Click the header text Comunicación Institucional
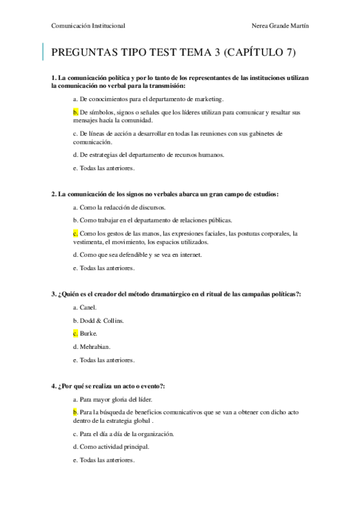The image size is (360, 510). tap(89, 25)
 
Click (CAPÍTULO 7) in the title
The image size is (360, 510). tap(259, 53)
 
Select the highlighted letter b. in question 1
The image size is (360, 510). tap(76, 112)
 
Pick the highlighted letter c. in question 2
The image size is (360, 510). tap(76, 233)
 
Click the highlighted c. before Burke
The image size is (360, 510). tap(76, 333)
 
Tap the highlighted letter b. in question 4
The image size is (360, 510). tap(76, 412)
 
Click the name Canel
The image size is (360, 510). tap(88, 307)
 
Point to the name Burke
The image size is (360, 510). tap(88, 333)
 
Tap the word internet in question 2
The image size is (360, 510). tap(188, 255)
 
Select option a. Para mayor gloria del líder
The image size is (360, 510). tap(112, 399)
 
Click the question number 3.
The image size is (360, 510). tap(54, 294)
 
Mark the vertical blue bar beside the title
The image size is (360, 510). tap(43, 52)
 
